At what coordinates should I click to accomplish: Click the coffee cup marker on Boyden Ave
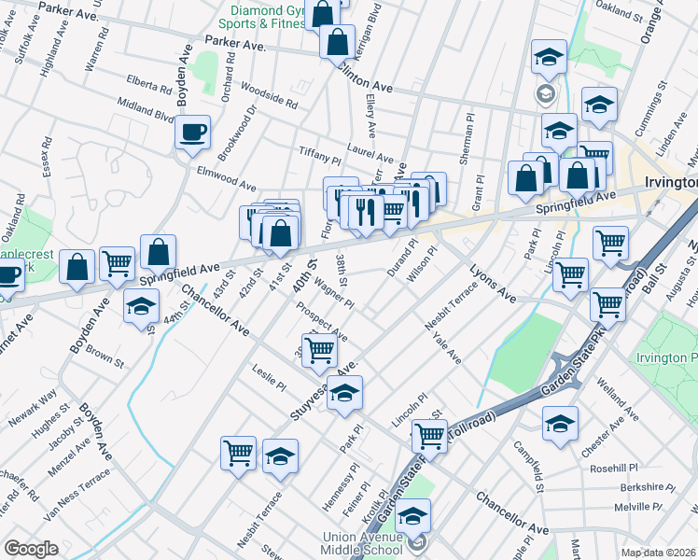(193, 133)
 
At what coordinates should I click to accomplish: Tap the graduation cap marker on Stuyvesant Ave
(344, 393)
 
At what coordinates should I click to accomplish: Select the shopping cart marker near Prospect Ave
(319, 350)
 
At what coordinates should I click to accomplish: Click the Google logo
(31, 549)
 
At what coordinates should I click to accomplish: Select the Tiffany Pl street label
(320, 156)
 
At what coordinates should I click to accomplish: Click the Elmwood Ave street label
(227, 178)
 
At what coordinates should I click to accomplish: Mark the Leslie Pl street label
(269, 378)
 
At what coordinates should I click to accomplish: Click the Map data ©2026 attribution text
(659, 553)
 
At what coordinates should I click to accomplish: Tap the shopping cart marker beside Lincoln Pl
(430, 434)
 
